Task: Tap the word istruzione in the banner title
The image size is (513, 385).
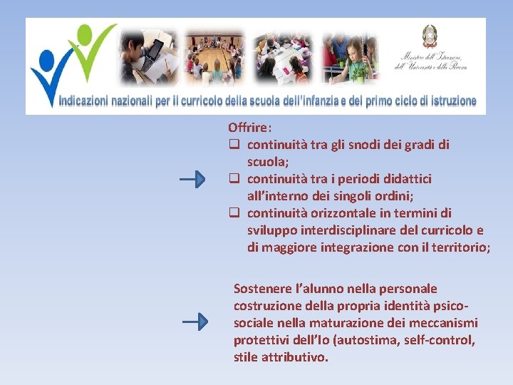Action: [x=448, y=101]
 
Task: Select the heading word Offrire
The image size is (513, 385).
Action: [x=249, y=128]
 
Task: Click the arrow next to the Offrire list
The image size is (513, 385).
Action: [x=193, y=179]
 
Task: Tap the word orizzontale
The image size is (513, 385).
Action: [x=348, y=213]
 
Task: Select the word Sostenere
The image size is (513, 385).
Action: [x=264, y=289]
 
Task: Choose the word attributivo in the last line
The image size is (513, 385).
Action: [x=298, y=357]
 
